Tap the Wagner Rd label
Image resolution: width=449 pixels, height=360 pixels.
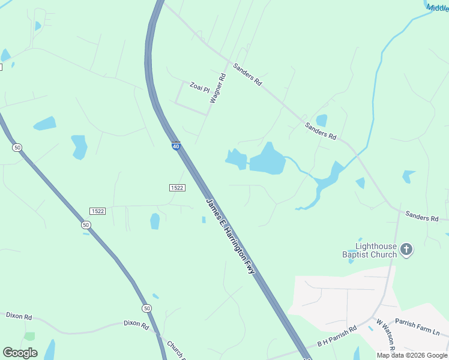(217, 88)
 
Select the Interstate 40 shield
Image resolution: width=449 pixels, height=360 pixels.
(176, 146)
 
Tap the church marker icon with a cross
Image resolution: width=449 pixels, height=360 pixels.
(406, 250)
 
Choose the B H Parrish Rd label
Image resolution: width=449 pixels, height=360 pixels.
(337, 337)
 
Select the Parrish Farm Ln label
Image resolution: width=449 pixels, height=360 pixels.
(417, 328)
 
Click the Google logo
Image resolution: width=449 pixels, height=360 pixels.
(20, 353)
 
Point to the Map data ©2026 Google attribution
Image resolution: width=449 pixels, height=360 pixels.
(412, 355)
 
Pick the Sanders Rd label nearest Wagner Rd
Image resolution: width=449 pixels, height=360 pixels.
(248, 74)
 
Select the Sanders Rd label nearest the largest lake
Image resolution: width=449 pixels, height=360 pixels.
(320, 130)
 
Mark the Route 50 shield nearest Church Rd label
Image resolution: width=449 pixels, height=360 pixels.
(147, 308)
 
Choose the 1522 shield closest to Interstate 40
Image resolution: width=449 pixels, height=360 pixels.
(176, 188)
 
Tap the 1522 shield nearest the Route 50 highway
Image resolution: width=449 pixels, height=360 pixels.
(97, 211)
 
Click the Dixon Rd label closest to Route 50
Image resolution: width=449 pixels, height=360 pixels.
(136, 325)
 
